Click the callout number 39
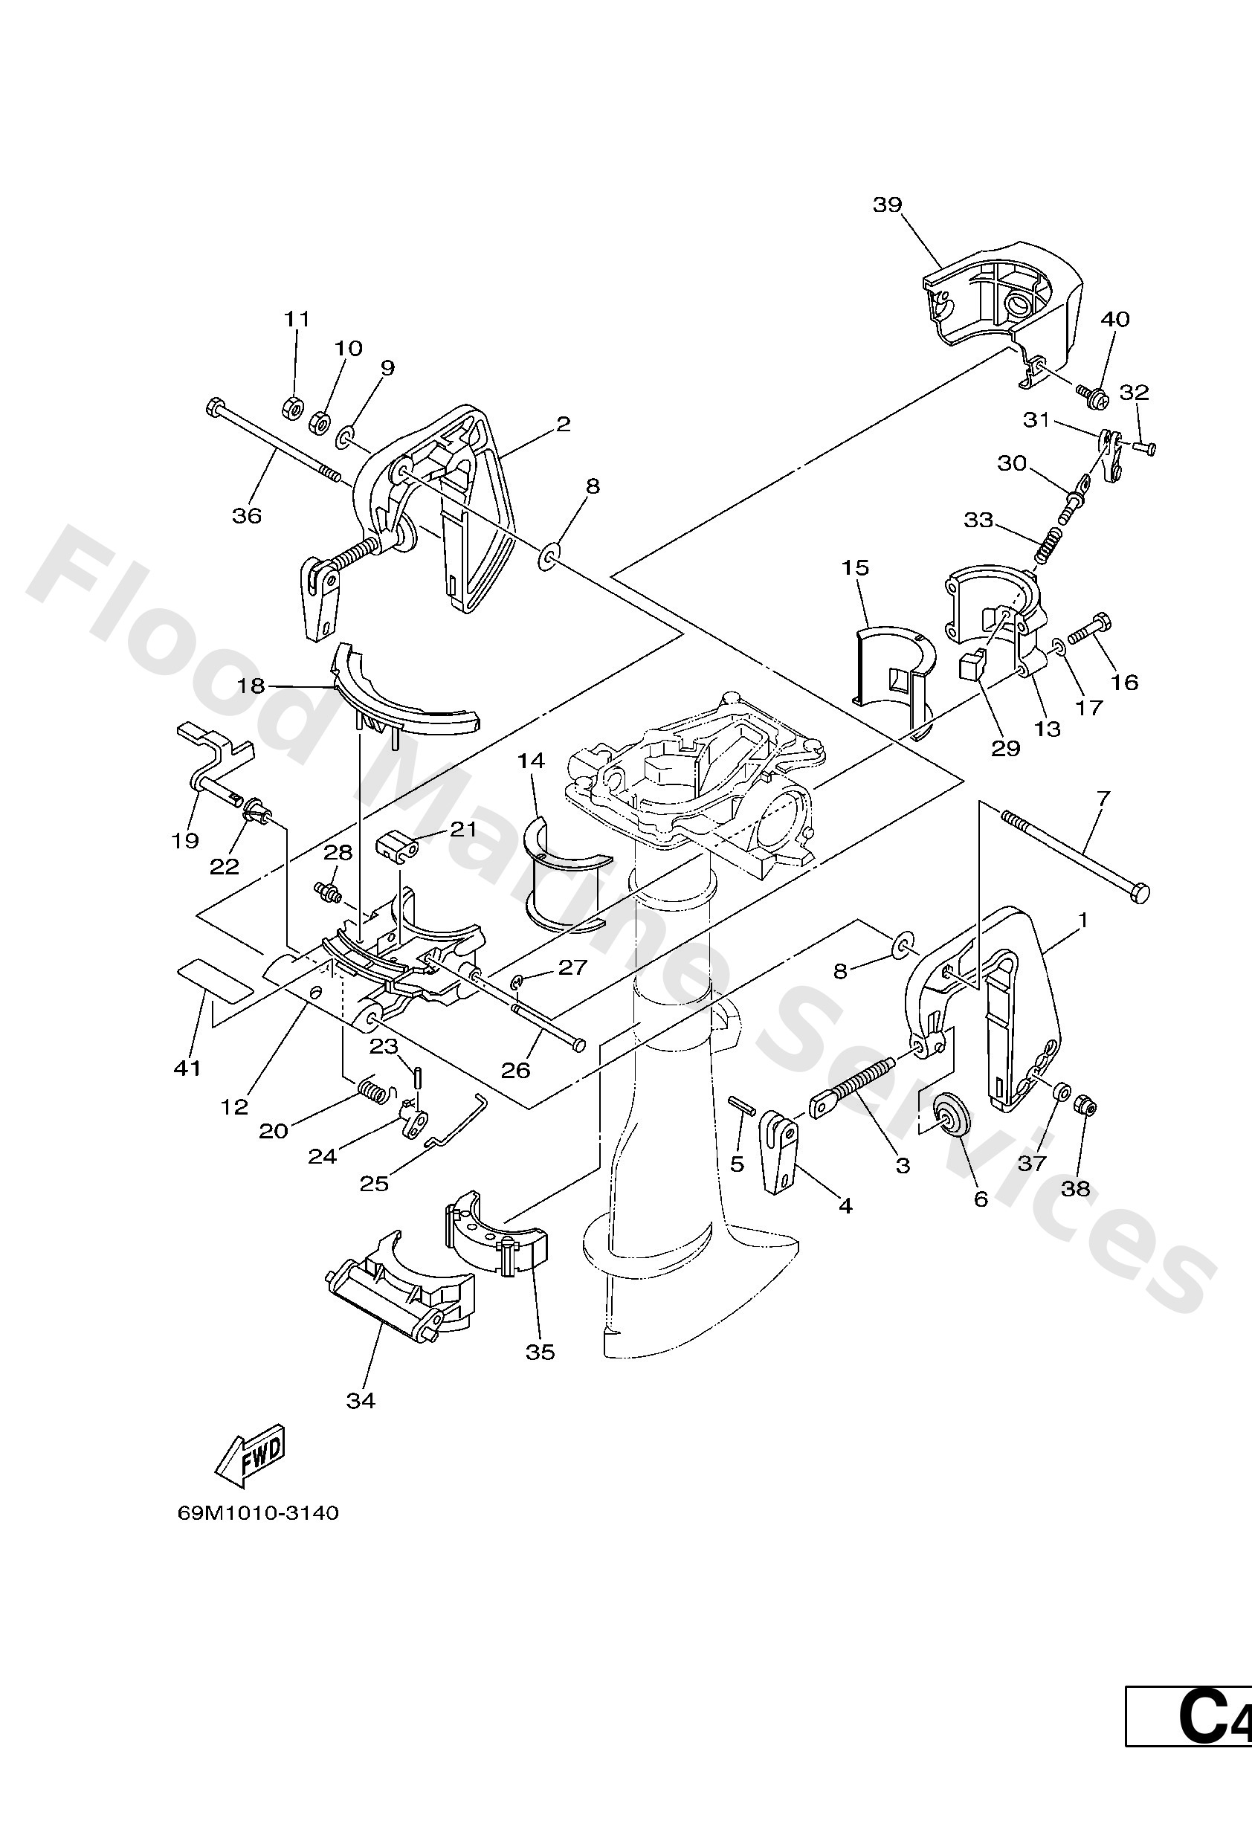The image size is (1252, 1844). [x=887, y=204]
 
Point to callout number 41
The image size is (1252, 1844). [x=187, y=1068]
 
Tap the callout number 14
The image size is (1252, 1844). [x=531, y=761]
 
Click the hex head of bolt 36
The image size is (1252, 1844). [x=214, y=409]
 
